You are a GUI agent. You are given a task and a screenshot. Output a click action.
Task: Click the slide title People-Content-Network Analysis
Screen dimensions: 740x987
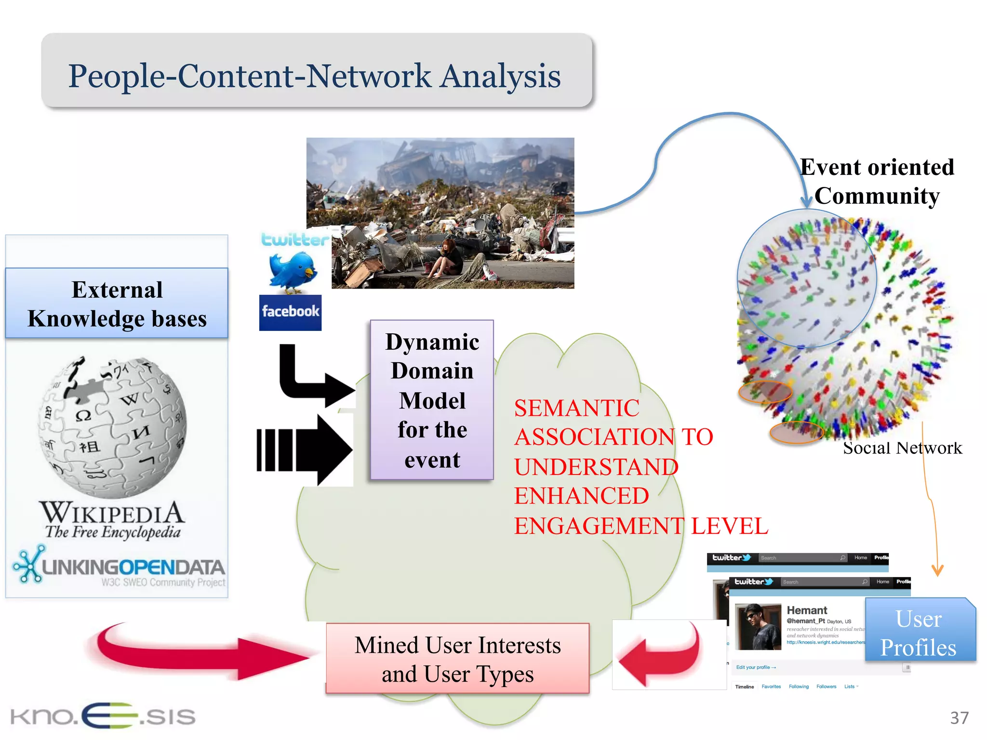[314, 76]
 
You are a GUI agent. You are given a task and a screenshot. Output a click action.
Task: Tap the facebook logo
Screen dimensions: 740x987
[290, 312]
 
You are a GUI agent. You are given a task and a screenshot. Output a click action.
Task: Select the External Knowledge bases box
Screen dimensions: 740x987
[117, 304]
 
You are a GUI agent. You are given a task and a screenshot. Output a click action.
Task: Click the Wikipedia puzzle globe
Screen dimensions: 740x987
[112, 427]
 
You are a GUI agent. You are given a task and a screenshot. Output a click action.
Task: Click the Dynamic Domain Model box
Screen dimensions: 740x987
[432, 400]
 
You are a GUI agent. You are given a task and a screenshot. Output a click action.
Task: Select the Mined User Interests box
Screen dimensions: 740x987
[457, 659]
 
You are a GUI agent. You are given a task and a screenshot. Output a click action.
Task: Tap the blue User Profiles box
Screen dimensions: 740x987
[920, 633]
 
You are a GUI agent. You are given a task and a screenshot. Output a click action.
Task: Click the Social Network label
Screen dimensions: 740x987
[902, 448]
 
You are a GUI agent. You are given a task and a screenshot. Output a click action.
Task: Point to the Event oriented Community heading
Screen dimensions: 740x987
[877, 181]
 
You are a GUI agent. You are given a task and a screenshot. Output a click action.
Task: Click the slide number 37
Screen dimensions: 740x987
[959, 718]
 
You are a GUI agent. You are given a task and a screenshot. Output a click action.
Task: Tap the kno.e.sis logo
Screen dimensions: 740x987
[102, 716]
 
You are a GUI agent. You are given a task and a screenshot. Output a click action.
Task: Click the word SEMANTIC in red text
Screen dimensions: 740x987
[576, 408]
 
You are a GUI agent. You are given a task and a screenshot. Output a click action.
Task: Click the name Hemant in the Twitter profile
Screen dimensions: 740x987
[807, 610]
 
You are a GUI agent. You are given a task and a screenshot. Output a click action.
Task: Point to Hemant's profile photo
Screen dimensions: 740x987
[758, 627]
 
